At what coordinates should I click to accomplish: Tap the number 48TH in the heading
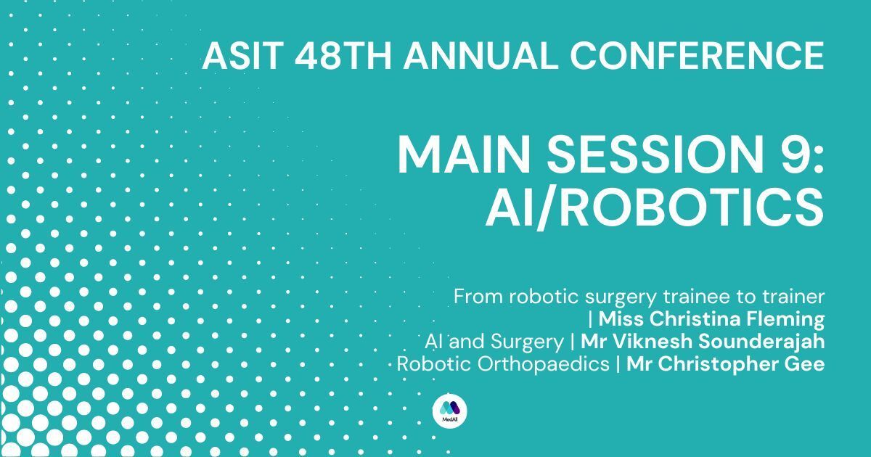point(343,56)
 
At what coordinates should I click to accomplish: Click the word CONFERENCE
point(698,56)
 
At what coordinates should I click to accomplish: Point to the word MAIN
point(466,155)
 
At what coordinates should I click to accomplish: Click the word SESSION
point(655,155)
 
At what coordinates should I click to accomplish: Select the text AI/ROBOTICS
point(655,207)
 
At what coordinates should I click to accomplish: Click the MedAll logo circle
point(450,411)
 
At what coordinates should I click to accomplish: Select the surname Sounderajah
point(761,342)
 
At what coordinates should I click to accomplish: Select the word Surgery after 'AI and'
point(527,342)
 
